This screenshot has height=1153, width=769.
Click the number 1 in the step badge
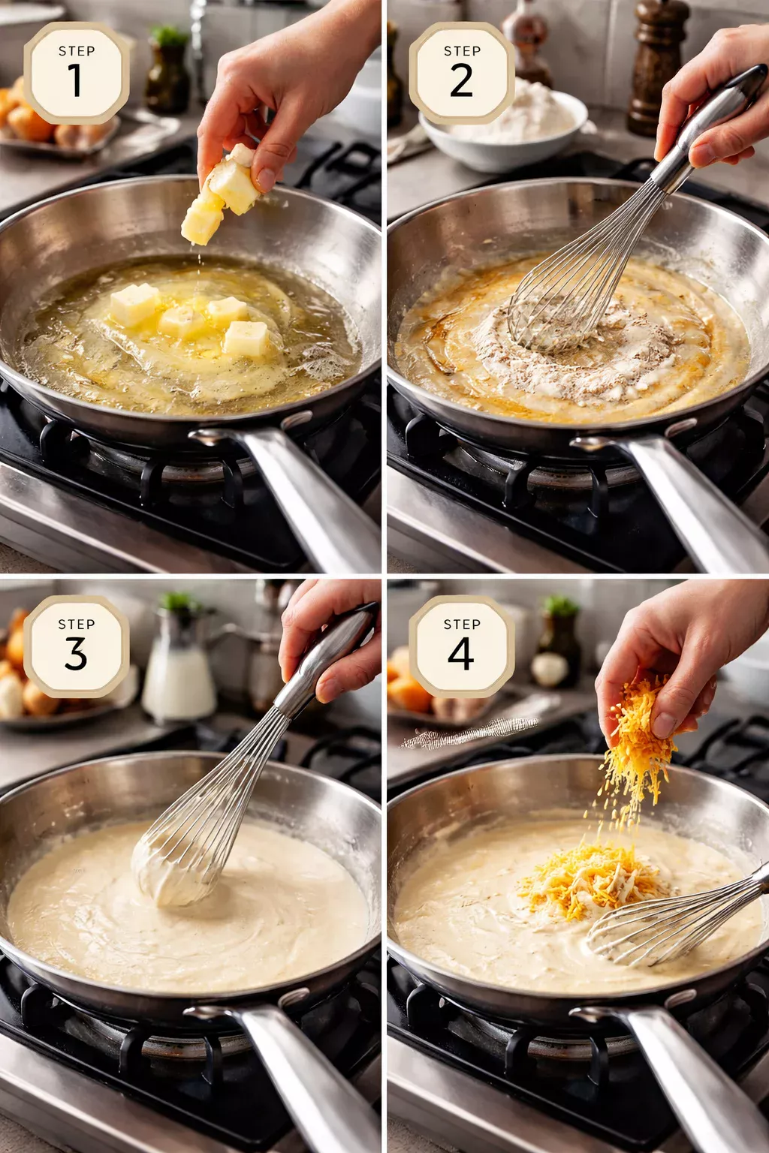(75, 80)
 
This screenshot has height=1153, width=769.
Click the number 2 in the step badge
(461, 80)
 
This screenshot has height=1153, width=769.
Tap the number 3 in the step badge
(76, 653)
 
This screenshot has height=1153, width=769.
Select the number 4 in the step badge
(461, 653)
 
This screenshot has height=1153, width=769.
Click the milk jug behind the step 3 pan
(178, 676)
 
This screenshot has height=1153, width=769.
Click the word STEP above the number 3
(77, 625)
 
